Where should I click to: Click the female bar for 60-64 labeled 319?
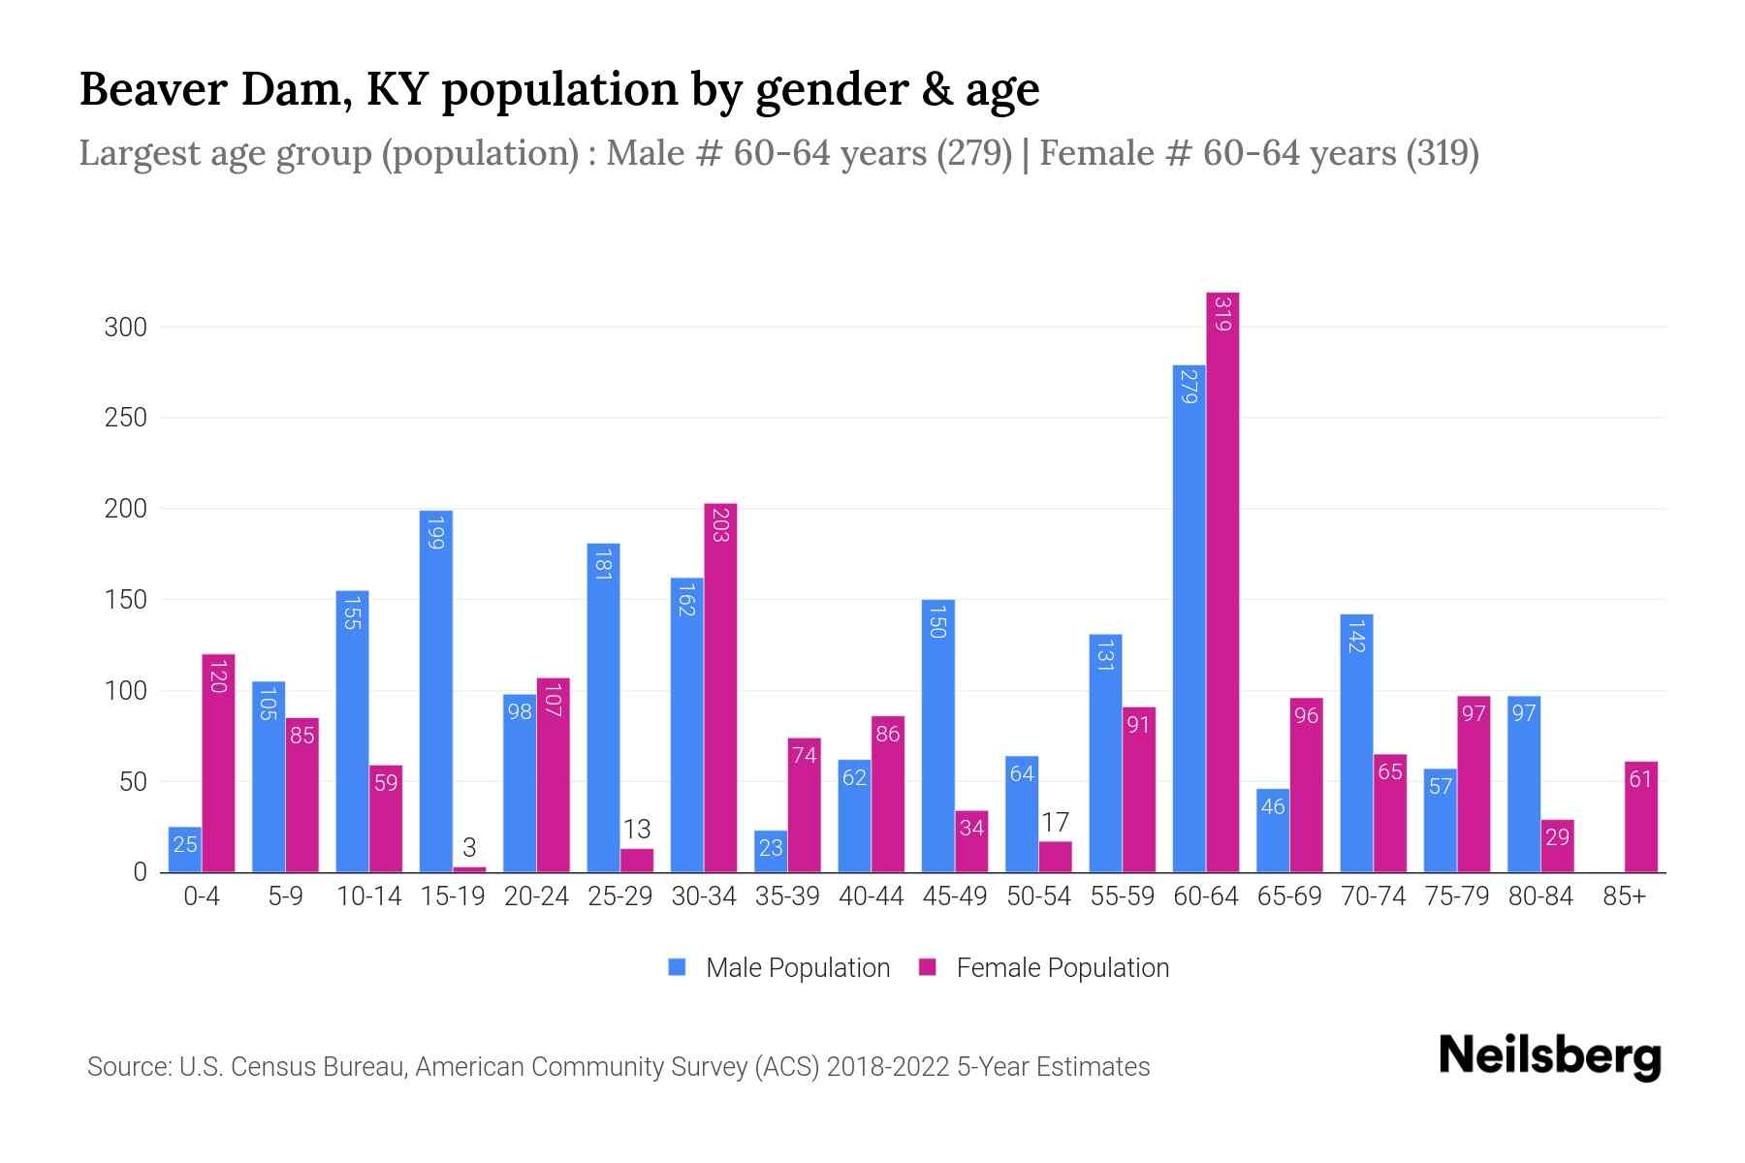[1222, 581]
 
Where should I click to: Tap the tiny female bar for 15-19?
[469, 869]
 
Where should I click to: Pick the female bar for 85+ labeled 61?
[1640, 817]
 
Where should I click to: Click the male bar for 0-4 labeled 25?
[185, 850]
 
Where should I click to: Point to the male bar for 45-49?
[937, 737]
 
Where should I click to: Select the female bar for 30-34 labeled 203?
[720, 688]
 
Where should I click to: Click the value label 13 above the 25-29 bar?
[637, 830]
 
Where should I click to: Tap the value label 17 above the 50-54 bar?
[1055, 823]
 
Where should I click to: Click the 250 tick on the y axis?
[126, 418]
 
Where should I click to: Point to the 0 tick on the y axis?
[141, 872]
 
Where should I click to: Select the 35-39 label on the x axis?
[787, 896]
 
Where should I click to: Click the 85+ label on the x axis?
[1624, 896]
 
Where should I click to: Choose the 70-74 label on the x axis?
[1373, 896]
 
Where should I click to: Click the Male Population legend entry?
[797, 968]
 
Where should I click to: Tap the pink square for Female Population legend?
[928, 967]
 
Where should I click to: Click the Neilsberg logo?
[1549, 1056]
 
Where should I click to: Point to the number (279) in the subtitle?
[973, 153]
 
